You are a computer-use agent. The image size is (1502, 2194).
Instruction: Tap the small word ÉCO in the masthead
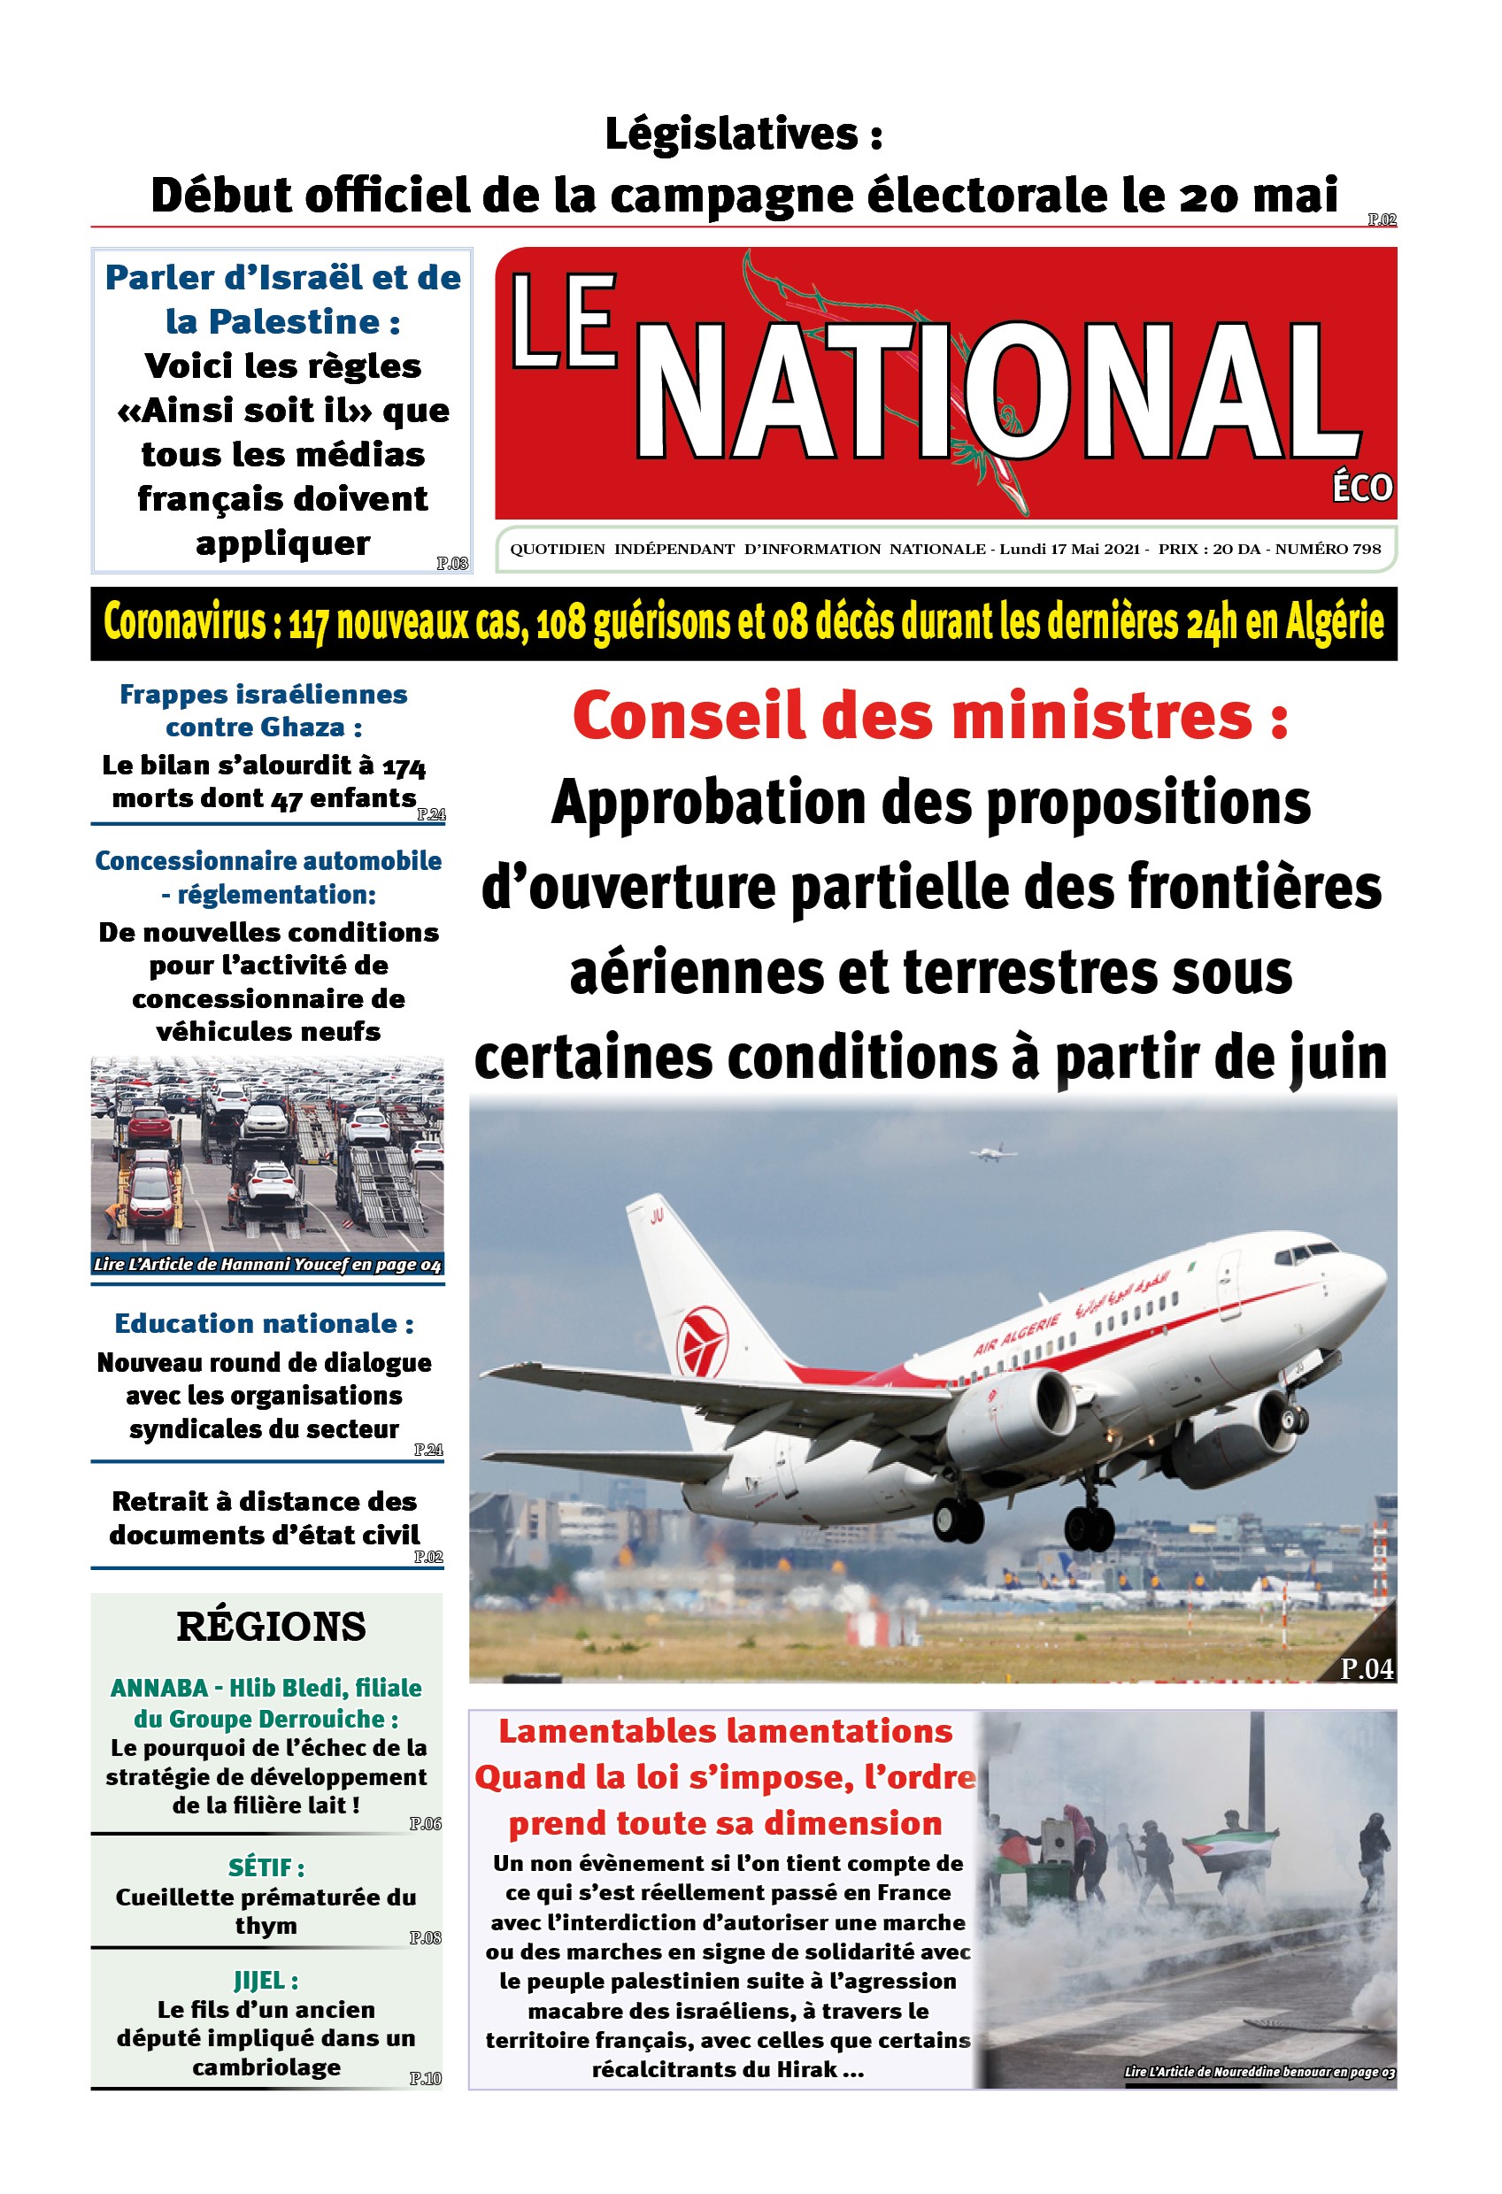[1361, 488]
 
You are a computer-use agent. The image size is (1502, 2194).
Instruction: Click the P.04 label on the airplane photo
[1365, 1669]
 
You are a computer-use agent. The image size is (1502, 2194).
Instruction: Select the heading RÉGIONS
[271, 1627]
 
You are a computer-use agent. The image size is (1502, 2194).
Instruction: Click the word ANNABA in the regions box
[158, 1688]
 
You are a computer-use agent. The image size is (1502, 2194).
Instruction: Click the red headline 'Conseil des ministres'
[929, 717]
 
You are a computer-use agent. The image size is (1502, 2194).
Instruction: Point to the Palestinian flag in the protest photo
[1230, 1841]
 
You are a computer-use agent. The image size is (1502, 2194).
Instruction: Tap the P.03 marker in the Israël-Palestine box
[452, 564]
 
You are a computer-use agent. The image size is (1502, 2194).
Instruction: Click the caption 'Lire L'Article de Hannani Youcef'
[267, 1264]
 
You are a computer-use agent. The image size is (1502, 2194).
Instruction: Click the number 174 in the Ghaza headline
[404, 766]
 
